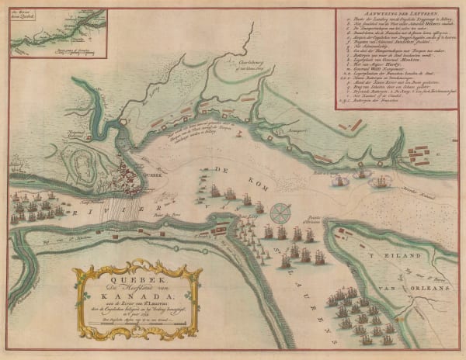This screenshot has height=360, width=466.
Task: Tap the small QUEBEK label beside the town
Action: pos(151,175)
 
